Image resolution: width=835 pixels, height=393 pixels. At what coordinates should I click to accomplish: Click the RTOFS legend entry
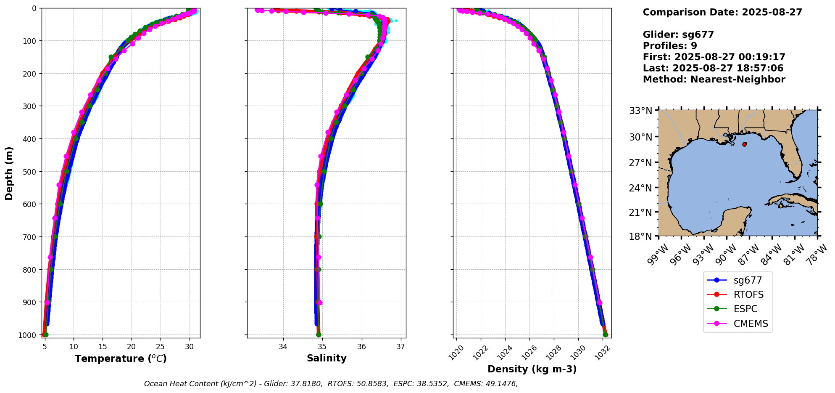(x=748, y=295)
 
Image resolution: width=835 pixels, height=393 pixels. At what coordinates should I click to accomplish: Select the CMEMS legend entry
(x=751, y=324)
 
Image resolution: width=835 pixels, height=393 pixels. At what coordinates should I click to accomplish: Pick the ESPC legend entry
(x=745, y=309)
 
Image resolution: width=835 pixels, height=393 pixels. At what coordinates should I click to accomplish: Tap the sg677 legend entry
(x=747, y=280)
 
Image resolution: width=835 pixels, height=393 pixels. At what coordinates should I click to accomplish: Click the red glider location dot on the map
(x=745, y=144)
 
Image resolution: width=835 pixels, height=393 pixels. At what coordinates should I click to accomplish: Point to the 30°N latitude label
(x=640, y=137)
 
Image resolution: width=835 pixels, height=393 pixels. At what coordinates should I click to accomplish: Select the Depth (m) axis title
(x=9, y=173)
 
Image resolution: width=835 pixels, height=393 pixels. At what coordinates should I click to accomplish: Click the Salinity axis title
(x=327, y=358)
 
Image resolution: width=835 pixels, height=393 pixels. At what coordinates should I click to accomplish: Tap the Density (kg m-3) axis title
(x=532, y=369)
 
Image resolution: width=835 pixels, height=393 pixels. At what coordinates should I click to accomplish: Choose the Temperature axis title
(x=121, y=358)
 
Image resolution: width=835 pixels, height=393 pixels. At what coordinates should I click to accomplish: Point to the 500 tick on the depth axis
(x=31, y=172)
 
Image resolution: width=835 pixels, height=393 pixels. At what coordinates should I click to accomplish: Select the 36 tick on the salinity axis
(x=361, y=347)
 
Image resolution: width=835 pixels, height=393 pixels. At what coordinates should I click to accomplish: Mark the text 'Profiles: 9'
(x=670, y=46)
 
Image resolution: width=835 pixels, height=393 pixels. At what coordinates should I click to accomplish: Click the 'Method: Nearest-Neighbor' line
(x=714, y=80)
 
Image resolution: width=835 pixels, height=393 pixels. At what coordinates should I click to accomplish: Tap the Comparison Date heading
(x=722, y=12)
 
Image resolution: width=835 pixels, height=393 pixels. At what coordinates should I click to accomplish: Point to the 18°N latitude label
(x=640, y=236)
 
